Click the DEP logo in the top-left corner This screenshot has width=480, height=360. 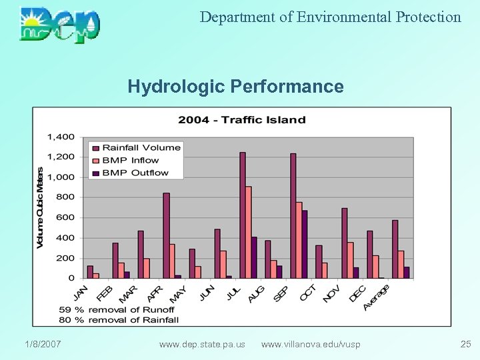[x=60, y=25]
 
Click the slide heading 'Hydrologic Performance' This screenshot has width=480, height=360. [x=235, y=87]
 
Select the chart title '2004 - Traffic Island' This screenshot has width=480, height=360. [x=241, y=120]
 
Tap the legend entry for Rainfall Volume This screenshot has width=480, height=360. [x=141, y=147]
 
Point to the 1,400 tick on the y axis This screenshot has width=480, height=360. [x=61, y=137]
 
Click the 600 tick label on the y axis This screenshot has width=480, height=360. [x=65, y=217]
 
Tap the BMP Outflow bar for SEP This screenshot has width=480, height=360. [x=305, y=244]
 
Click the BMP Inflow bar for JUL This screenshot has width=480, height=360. [x=249, y=232]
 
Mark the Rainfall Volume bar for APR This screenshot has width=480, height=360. [x=166, y=235]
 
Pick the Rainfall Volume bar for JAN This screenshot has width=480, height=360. [x=90, y=272]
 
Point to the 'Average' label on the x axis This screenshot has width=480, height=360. [x=377, y=297]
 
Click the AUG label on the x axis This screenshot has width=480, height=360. [x=256, y=293]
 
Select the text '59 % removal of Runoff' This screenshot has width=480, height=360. [x=117, y=309]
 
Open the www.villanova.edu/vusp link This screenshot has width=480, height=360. [x=311, y=344]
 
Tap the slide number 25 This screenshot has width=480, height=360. [x=465, y=344]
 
